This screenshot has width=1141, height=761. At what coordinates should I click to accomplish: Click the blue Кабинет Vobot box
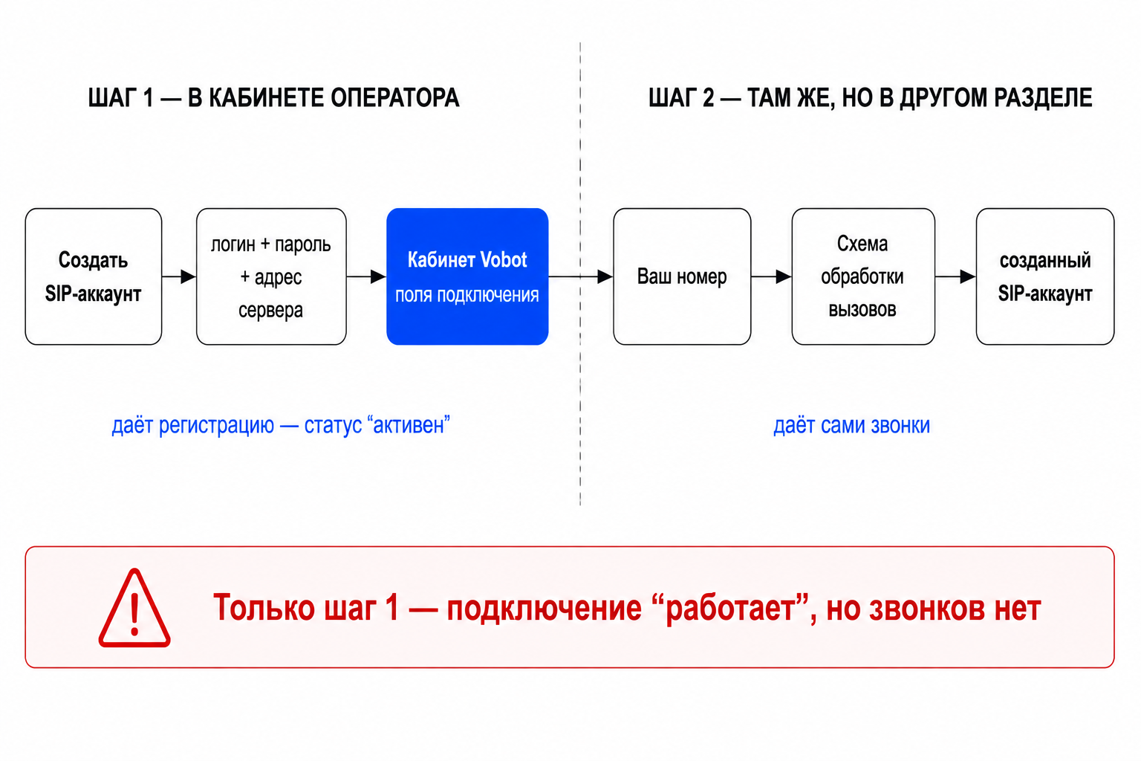[467, 276]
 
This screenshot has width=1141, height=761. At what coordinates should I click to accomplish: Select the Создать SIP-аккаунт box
[94, 276]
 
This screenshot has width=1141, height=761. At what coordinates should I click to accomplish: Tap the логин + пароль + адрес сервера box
[271, 276]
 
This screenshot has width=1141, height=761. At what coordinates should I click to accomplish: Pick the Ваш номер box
[682, 276]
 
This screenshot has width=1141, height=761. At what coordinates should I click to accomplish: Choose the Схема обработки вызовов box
[863, 276]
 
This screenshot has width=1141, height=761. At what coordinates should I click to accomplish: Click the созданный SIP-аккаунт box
[1045, 276]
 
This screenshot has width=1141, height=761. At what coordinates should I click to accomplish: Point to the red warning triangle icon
[134, 608]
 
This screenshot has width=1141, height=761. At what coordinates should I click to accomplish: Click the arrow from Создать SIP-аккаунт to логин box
[179, 276]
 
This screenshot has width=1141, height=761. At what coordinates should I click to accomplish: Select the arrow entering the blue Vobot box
[367, 276]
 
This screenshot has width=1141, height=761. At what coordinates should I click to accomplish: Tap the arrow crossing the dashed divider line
[581, 276]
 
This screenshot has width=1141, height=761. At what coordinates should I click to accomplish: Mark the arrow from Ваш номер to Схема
[771, 276]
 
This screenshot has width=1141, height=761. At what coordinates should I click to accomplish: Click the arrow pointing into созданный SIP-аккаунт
[955, 276]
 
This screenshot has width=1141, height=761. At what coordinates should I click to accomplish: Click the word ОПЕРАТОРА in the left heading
[394, 98]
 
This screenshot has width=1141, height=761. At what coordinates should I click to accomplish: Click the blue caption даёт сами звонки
[852, 425]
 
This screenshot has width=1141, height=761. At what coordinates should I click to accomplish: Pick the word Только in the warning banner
[264, 607]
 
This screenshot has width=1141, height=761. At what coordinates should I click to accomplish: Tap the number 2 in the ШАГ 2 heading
[708, 98]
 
